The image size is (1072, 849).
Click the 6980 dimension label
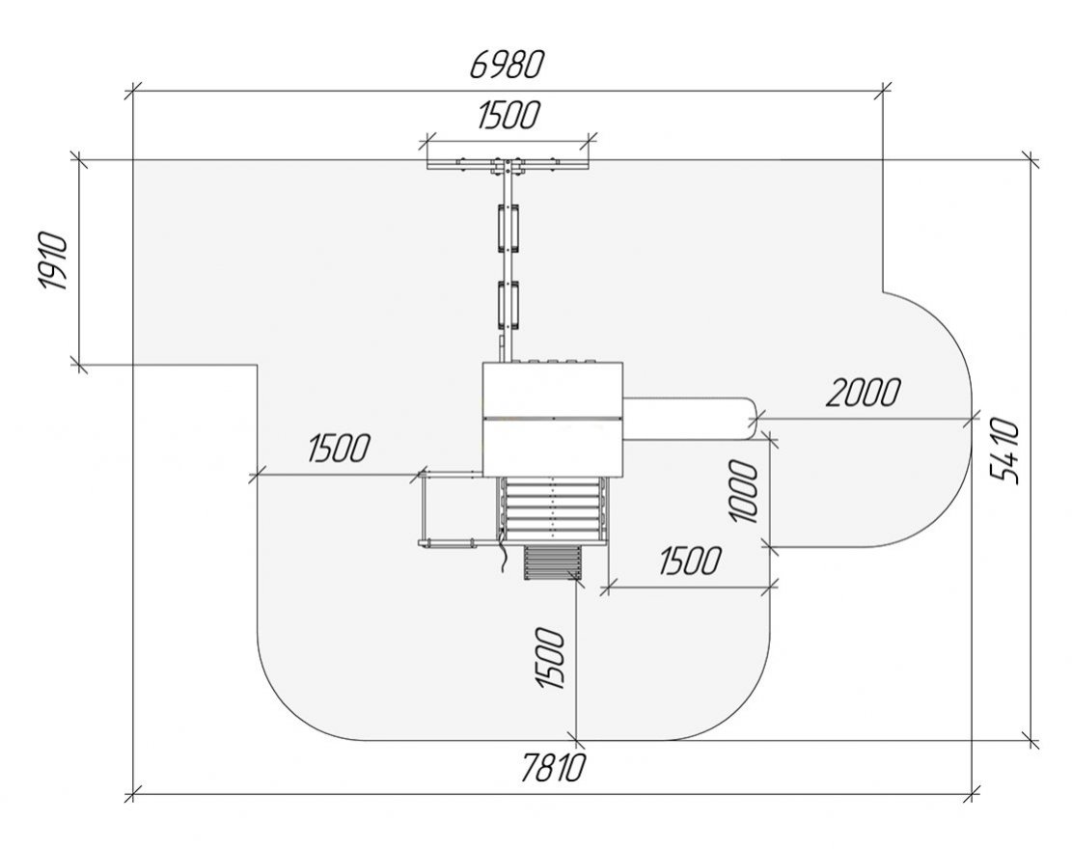(x=507, y=65)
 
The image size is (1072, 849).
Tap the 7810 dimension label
(x=553, y=768)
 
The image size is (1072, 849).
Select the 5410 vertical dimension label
(x=1005, y=452)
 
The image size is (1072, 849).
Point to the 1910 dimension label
(x=53, y=261)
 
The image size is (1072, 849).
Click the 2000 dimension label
(x=864, y=393)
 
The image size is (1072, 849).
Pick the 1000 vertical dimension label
(x=743, y=491)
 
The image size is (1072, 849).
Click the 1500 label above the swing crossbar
(x=508, y=115)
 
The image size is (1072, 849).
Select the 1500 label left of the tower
(x=339, y=449)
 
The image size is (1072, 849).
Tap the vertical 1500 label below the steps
(x=550, y=659)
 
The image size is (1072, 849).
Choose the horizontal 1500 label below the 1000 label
(x=690, y=561)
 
